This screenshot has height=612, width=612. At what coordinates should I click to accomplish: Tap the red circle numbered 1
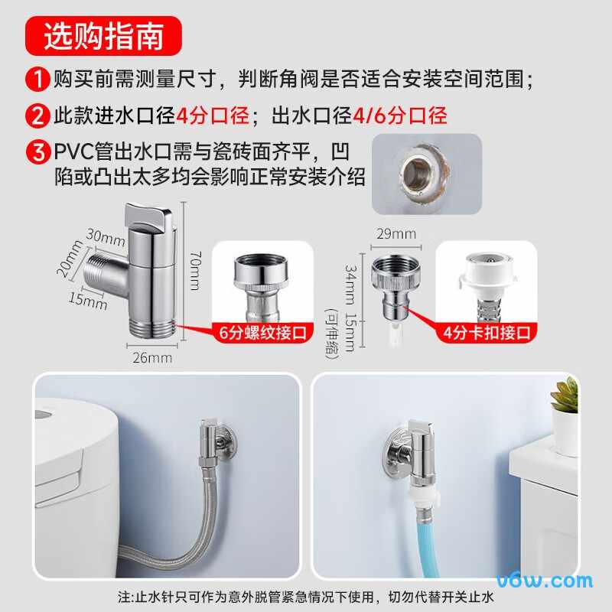pyautogui.click(x=37, y=78)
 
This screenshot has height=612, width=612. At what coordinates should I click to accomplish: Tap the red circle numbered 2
pyautogui.click(x=37, y=116)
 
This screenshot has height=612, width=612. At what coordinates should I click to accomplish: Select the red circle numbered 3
pyautogui.click(x=37, y=151)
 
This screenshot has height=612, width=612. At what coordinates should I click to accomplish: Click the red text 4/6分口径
pyautogui.click(x=399, y=116)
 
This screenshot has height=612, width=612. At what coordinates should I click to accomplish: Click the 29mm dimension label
pyautogui.click(x=396, y=233)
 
